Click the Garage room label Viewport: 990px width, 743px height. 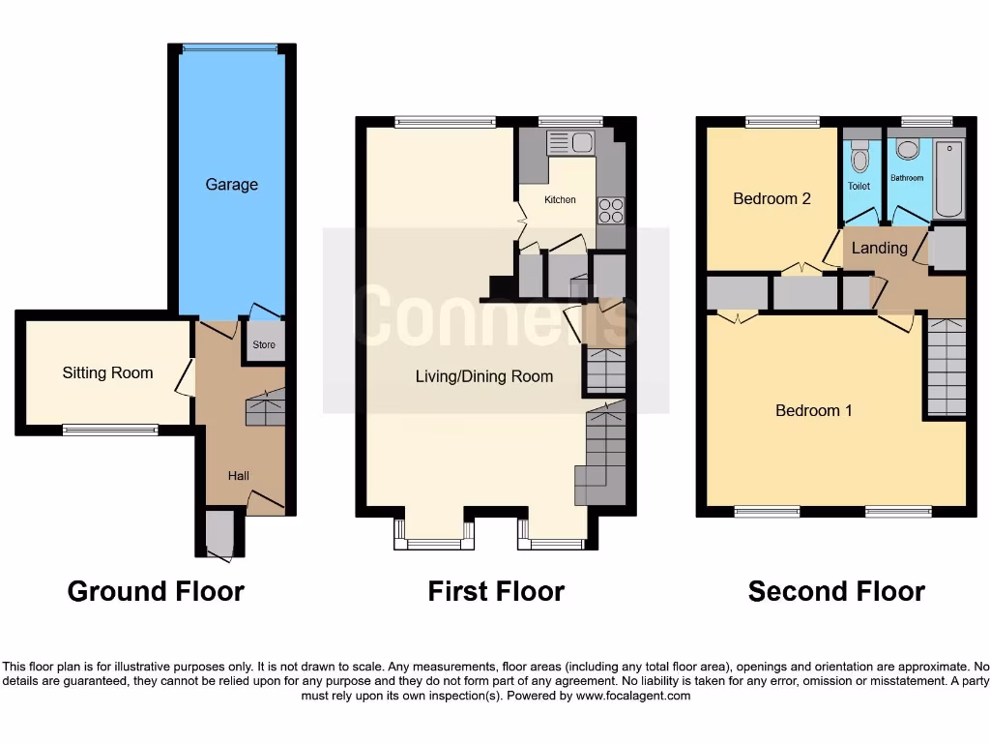point(231,184)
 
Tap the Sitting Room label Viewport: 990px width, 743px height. point(107,372)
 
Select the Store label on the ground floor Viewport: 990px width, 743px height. point(264,344)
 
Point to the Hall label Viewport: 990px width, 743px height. point(238,475)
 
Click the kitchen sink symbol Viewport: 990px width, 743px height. point(570,143)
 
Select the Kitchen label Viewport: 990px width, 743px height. point(560,199)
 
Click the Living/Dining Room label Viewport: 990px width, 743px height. point(484,376)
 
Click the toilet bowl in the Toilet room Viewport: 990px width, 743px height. point(859,159)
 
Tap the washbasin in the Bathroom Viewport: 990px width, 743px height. point(907,149)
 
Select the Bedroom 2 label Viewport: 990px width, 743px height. point(772,198)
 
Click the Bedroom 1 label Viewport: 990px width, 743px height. point(814,410)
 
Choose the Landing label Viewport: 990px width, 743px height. point(879,248)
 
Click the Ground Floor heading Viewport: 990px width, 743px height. point(156,591)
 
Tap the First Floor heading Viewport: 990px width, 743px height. point(496,591)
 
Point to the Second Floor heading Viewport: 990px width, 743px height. point(836,591)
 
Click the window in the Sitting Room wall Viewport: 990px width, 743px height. point(110,430)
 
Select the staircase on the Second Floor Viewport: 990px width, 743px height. point(946,368)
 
